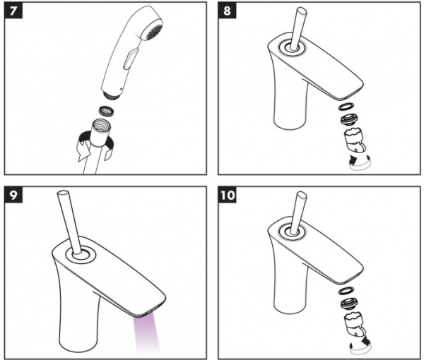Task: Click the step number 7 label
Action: (x=13, y=11)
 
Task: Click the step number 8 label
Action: (x=227, y=11)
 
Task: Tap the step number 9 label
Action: (x=13, y=195)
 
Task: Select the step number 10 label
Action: (x=227, y=195)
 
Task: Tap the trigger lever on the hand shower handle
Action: (x=129, y=59)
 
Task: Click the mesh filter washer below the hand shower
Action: (x=107, y=110)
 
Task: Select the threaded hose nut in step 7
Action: (x=101, y=132)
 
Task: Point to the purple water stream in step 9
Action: (x=146, y=335)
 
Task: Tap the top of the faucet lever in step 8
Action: (x=302, y=11)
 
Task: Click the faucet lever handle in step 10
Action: (x=298, y=212)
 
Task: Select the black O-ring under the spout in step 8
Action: (x=345, y=106)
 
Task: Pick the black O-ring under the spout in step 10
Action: (x=345, y=291)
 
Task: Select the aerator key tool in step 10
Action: (x=355, y=325)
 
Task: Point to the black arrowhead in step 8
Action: (x=353, y=159)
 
